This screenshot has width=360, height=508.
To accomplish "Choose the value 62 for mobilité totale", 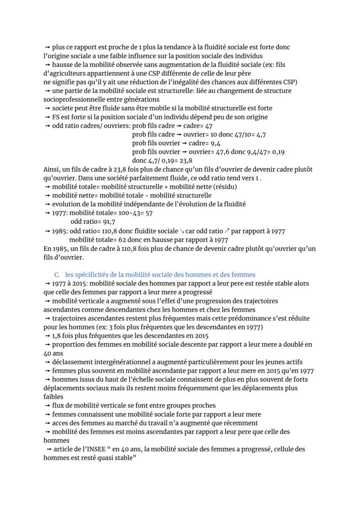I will coord(122,239).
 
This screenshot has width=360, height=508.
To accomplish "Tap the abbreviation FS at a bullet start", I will coord(57,117).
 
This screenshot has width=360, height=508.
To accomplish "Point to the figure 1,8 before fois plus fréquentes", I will coord(57,336).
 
